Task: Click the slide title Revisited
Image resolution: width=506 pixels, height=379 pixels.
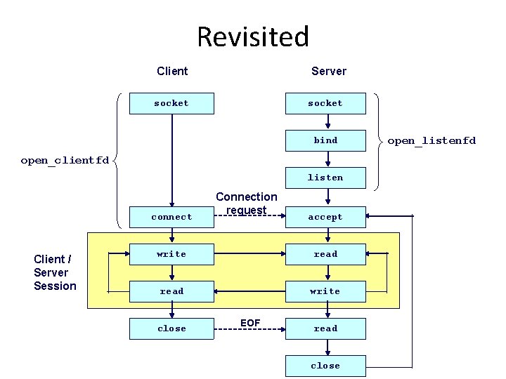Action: click(253, 36)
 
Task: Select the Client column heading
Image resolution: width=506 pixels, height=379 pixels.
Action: click(172, 71)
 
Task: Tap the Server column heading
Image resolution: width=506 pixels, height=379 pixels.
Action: click(329, 71)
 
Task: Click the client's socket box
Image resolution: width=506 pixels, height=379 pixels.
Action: click(171, 103)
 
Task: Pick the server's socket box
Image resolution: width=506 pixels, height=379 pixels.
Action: click(325, 103)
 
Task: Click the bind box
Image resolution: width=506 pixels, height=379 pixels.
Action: click(325, 140)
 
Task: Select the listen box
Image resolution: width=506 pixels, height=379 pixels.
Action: click(325, 178)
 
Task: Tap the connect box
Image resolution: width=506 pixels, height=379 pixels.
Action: click(171, 217)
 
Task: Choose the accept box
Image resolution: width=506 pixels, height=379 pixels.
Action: click(325, 217)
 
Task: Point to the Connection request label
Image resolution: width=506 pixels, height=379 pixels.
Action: click(247, 204)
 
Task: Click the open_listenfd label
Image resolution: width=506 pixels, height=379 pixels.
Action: click(432, 140)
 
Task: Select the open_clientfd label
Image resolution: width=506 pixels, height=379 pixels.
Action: click(65, 160)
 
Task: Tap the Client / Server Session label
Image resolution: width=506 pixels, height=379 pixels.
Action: click(55, 272)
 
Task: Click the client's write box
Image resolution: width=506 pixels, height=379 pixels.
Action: click(171, 254)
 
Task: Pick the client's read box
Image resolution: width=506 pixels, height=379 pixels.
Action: click(171, 291)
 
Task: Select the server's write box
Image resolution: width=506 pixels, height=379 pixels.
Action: click(325, 291)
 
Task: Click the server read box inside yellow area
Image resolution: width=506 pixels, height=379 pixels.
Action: click(325, 254)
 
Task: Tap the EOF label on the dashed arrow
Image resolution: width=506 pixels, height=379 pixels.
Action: click(250, 323)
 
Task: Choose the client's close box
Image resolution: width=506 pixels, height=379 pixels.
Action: click(171, 328)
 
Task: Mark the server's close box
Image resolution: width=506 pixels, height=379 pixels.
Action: click(325, 366)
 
